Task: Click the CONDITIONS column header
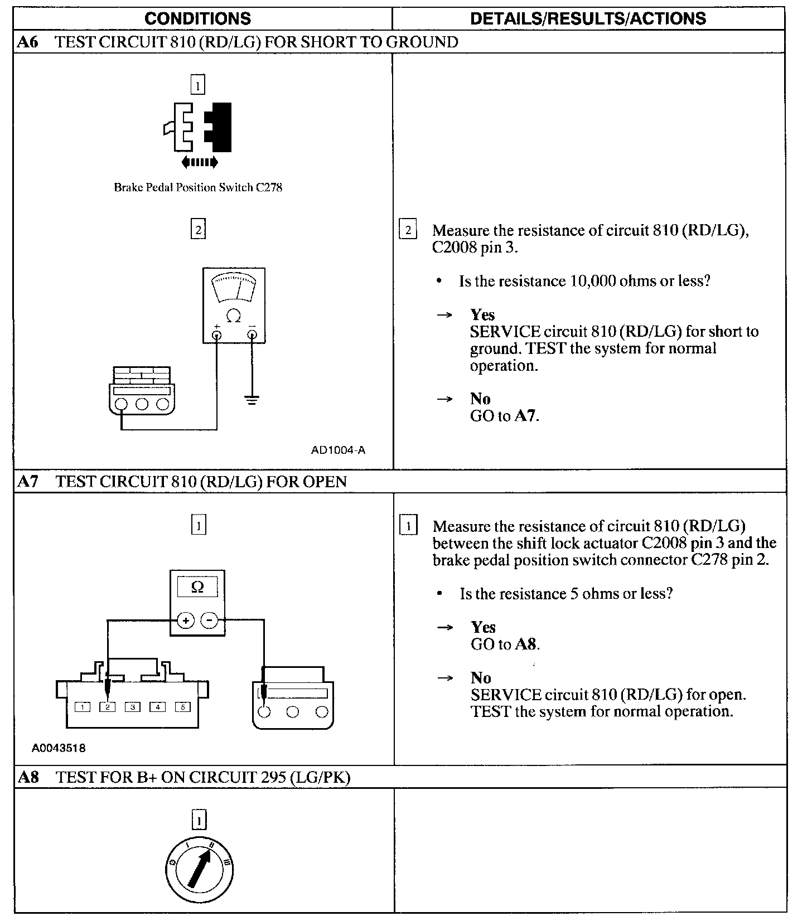pos(197,18)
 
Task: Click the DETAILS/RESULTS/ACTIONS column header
pos(588,18)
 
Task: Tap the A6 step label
pos(27,42)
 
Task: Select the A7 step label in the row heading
pos(28,482)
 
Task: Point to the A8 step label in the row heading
pos(28,777)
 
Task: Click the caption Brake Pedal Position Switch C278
pos(198,187)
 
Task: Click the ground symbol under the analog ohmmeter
pos(252,400)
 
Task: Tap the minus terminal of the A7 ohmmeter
pos(209,620)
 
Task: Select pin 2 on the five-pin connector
pos(107,707)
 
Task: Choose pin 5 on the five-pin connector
pos(182,707)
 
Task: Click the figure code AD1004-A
pos(338,450)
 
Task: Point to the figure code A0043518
pos(59,748)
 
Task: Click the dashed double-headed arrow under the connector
pos(200,162)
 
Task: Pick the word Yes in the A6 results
pos(482,315)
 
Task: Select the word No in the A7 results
pos(481,678)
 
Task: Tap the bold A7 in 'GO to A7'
pos(526,416)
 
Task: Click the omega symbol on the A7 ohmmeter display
pos(197,586)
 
